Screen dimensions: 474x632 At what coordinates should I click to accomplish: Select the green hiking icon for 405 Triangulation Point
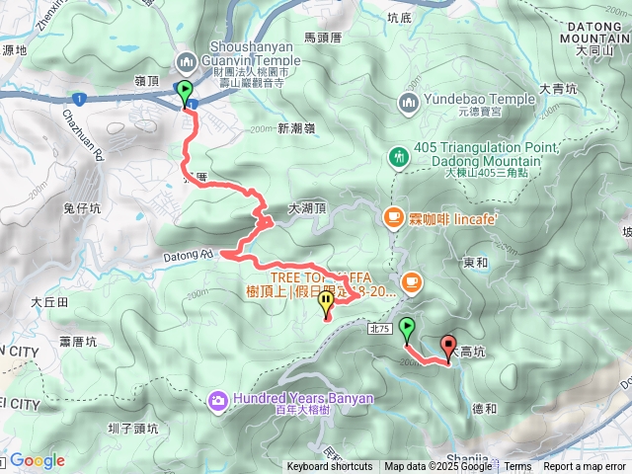pyautogui.click(x=399, y=156)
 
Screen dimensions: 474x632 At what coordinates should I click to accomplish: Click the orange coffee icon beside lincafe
pyautogui.click(x=394, y=215)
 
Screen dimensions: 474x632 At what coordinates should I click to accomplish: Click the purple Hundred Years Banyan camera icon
pyautogui.click(x=217, y=399)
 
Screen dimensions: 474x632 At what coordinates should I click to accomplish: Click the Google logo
pyautogui.click(x=37, y=461)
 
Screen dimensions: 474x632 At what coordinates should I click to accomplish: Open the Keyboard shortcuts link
pyautogui.click(x=330, y=467)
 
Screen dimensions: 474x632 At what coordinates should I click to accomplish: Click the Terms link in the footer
pyautogui.click(x=517, y=467)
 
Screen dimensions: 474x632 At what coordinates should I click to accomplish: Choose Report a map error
pyautogui.click(x=586, y=467)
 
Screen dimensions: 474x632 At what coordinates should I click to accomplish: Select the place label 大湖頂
pyautogui.click(x=306, y=209)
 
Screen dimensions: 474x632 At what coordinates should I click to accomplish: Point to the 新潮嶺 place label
pyautogui.click(x=296, y=128)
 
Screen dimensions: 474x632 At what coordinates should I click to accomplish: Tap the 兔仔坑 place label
pyautogui.click(x=82, y=208)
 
